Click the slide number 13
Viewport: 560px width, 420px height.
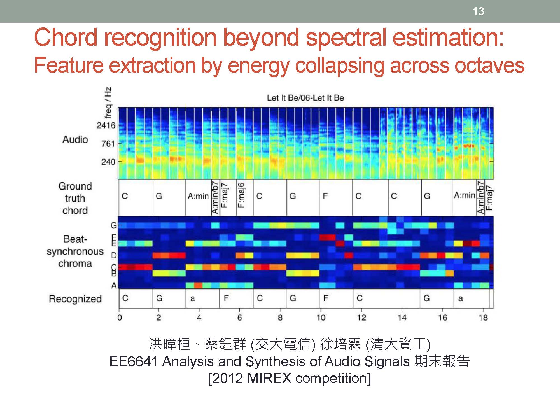coord(478,11)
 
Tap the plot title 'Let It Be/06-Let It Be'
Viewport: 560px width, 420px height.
coord(305,98)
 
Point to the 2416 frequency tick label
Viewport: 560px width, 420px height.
coord(106,125)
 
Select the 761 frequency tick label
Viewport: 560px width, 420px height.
coord(108,144)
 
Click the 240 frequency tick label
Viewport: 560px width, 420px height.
coord(108,162)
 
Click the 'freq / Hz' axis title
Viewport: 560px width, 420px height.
coord(108,103)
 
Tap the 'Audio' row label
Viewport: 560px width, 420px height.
coord(75,139)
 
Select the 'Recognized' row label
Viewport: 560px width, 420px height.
coord(75,299)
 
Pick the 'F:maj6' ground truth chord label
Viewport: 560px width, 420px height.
coord(241,195)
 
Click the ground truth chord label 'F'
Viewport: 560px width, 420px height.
coord(325,196)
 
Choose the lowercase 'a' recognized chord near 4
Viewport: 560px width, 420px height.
coord(192,298)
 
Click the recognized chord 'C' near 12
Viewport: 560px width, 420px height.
coord(360,298)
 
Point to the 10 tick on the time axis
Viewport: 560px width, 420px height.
coord(321,318)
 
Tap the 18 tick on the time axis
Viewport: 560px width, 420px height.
coord(483,318)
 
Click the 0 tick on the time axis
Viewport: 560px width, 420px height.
coord(120,318)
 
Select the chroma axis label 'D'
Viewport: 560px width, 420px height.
coord(114,255)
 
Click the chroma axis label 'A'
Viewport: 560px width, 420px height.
coord(114,286)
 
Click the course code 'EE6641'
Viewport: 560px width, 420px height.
coord(134,361)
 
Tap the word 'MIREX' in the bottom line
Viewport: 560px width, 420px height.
coord(269,379)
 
